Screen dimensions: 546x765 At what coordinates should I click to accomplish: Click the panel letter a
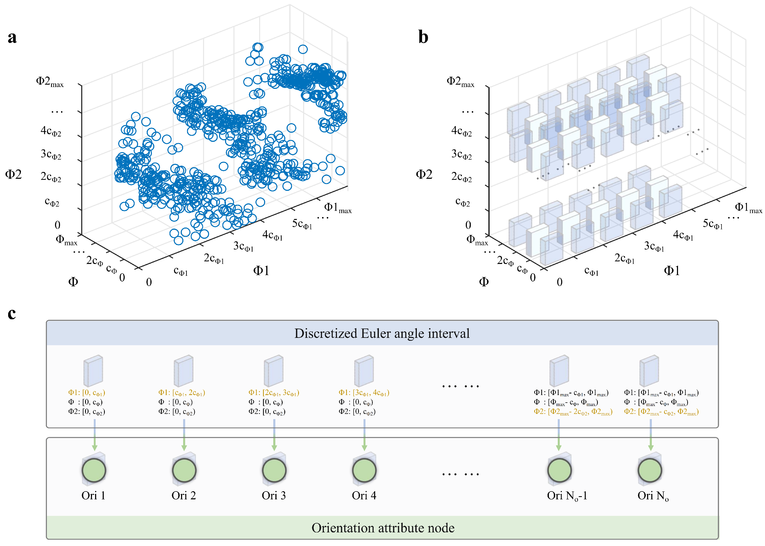click(x=12, y=37)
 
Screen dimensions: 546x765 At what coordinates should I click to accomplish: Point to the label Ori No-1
click(x=567, y=496)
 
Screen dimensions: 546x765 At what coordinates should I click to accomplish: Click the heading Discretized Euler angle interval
click(x=382, y=333)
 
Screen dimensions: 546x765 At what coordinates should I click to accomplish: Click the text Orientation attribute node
click(x=383, y=527)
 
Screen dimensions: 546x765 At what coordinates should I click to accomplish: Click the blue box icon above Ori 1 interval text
click(x=93, y=371)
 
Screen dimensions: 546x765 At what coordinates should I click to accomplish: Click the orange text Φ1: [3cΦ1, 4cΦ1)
click(x=364, y=392)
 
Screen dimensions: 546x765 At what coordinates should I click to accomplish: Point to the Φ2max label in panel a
click(x=50, y=82)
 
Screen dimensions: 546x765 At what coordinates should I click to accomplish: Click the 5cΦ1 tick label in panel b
click(x=713, y=224)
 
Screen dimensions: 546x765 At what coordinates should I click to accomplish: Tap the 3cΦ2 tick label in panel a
click(x=51, y=154)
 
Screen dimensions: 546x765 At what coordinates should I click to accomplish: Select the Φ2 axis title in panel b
click(x=424, y=174)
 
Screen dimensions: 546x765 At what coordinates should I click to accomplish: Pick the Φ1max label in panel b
click(x=748, y=208)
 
